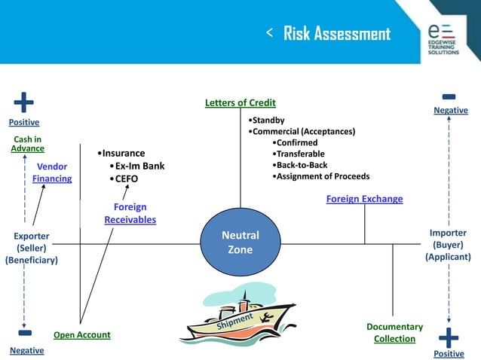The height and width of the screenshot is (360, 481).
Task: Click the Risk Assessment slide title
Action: [x=336, y=34]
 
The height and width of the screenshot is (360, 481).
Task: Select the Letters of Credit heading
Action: [x=240, y=103]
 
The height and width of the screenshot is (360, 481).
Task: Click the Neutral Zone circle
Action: [x=240, y=243]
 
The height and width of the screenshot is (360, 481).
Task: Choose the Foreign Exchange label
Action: [x=364, y=200]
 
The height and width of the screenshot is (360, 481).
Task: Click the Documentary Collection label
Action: [x=394, y=333]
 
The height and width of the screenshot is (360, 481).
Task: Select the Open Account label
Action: [x=82, y=335]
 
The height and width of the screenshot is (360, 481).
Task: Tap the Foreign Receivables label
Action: [x=130, y=213]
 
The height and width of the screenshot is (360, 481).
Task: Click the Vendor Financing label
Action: [x=52, y=172]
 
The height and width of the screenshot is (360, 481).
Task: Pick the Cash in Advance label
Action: [x=28, y=144]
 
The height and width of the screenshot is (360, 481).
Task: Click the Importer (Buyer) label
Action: [x=448, y=245]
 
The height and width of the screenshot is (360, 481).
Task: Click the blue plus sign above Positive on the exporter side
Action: [x=23, y=102]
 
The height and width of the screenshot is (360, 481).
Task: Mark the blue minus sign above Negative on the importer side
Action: [x=449, y=96]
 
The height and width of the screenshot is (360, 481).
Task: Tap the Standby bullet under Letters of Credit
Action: [x=268, y=120]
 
